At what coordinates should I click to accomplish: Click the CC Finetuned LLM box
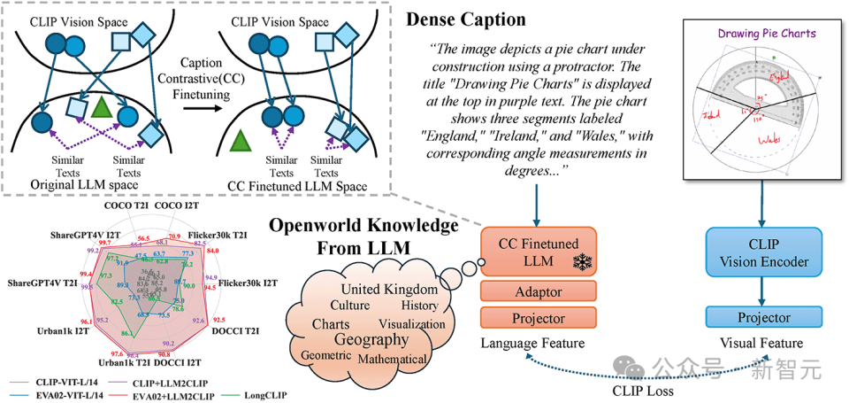[539, 251]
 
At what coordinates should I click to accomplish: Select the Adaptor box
[539, 291]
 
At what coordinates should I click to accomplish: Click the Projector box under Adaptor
[539, 318]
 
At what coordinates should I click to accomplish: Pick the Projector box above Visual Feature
[764, 317]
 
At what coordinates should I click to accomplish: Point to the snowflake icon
[581, 261]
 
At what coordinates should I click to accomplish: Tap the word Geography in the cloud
[371, 340]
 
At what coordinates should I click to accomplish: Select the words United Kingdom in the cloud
[389, 290]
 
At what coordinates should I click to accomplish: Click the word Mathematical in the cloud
[393, 359]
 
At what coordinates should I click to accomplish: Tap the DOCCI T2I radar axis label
[235, 330]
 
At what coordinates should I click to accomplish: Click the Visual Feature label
[764, 343]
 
